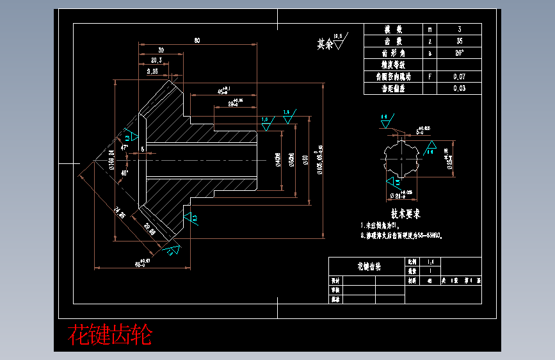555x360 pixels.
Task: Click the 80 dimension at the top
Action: [197, 41]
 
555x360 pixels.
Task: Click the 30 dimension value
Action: [160, 50]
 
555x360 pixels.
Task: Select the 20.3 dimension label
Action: [156, 60]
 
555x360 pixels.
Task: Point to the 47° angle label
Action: [124, 131]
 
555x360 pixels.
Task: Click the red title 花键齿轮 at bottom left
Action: [110, 334]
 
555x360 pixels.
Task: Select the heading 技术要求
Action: [405, 214]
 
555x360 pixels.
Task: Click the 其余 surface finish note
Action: [326, 44]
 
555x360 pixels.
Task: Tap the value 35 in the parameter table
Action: [459, 41]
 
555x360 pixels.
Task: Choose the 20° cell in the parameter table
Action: [459, 53]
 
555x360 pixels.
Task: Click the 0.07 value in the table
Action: [459, 76]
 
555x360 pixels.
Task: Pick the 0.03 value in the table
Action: [459, 88]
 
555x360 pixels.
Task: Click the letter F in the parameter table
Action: [430, 76]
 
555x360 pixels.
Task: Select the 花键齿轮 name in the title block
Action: [368, 266]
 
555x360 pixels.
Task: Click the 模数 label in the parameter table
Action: [393, 29]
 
